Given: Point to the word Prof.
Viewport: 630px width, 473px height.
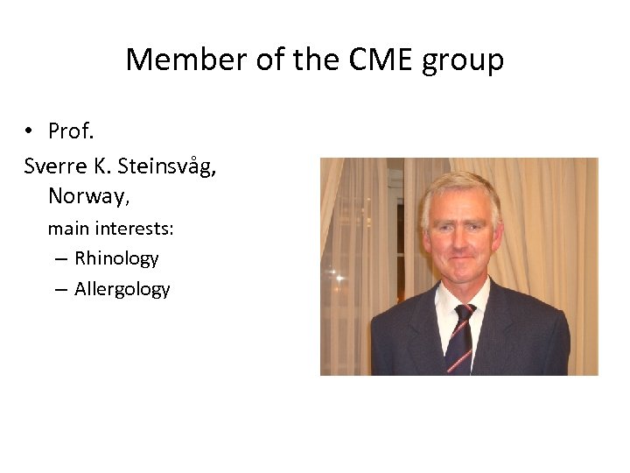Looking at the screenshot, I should pos(71,131).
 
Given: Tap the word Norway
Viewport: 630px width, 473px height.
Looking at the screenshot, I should pos(87,196).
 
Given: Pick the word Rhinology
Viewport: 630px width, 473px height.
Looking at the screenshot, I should pos(116,258).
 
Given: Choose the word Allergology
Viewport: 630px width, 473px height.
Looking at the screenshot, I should pos(122,289).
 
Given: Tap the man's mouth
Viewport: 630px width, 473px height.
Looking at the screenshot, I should pos(458,263).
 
